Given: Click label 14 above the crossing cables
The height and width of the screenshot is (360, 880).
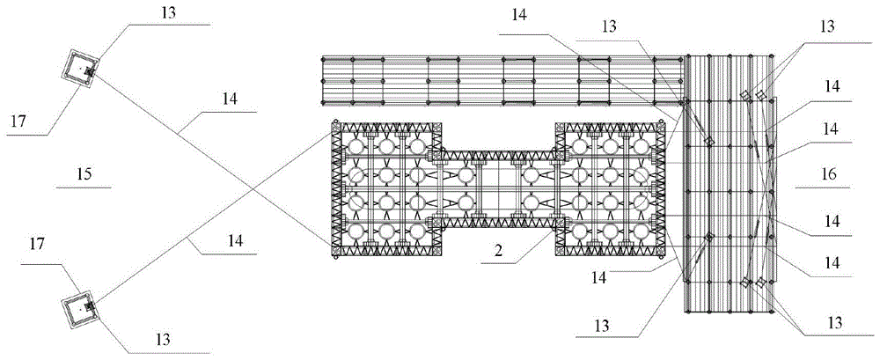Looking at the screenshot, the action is (x=229, y=100).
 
